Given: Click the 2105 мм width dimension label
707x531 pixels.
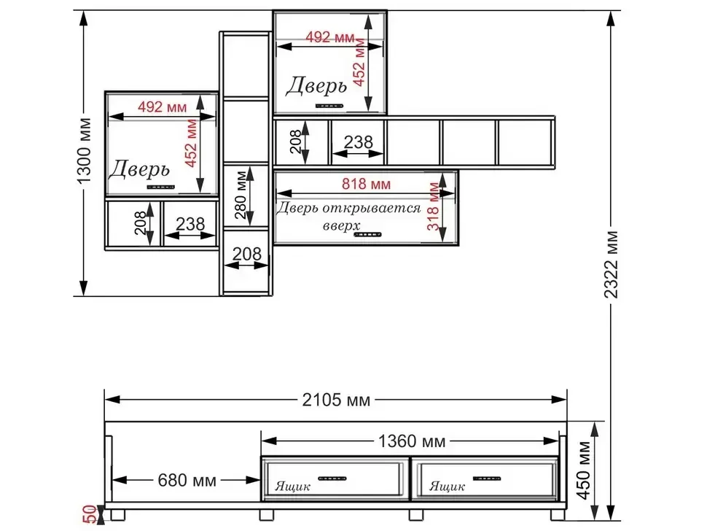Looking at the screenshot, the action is [x=336, y=400].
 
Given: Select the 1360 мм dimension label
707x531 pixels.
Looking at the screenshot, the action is [x=411, y=441].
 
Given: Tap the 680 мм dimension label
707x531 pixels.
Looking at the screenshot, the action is [x=187, y=480].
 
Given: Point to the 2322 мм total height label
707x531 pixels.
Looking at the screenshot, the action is [x=611, y=265].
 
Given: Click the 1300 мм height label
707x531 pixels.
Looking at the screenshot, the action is [x=85, y=151].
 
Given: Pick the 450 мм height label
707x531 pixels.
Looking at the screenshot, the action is [x=584, y=470].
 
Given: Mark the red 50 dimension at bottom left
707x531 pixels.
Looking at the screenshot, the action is [x=89, y=514].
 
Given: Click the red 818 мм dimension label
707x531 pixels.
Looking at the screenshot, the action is [x=366, y=184].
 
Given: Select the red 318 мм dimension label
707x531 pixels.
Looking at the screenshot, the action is [x=433, y=206].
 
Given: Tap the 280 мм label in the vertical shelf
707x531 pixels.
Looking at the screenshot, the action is [x=241, y=195].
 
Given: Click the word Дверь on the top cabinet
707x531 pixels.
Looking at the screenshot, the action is [x=316, y=86].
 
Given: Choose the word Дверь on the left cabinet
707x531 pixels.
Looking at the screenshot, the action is [x=139, y=168].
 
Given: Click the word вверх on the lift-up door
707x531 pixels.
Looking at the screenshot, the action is [x=341, y=225].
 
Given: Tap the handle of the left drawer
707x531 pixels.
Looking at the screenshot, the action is [x=332, y=478].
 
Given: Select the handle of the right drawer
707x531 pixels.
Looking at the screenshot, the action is [x=486, y=478].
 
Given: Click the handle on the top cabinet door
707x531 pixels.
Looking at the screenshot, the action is [x=329, y=106].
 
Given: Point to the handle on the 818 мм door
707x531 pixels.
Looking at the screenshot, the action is [x=367, y=235].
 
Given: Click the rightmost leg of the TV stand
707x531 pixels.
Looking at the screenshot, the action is [x=558, y=515].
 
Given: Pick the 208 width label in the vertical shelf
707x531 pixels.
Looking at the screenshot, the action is [x=246, y=254].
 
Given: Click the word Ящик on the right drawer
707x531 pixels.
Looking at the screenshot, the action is [x=447, y=487].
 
